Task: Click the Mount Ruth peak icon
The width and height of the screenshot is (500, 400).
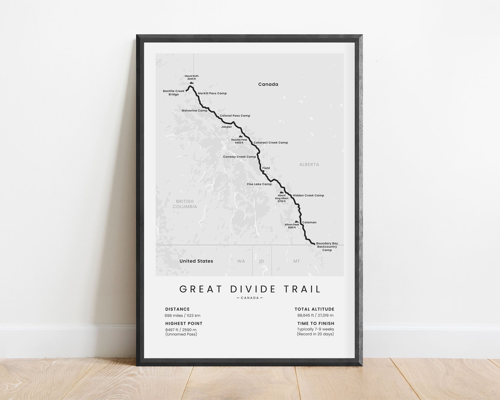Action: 191,82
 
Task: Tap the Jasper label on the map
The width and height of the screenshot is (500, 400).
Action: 226,127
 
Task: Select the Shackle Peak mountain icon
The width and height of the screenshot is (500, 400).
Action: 241,136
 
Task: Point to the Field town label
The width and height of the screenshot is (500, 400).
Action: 266,168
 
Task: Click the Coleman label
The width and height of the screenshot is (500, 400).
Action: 309,222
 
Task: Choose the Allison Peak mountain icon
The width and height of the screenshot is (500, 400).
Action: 296,221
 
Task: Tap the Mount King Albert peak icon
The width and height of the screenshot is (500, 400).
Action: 282,192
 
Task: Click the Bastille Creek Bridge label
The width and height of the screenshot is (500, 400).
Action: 174,93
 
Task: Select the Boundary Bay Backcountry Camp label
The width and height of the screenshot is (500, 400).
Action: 327,247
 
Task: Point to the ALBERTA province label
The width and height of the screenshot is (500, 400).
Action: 309,164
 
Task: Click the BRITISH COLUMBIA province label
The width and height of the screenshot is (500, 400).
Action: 185,204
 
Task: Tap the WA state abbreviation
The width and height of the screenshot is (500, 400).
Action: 241,261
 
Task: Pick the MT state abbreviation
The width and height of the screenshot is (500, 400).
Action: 296,261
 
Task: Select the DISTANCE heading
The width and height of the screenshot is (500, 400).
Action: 177,309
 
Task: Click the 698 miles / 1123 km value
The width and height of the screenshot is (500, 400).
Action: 182,316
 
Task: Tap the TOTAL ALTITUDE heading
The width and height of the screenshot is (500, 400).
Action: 314,309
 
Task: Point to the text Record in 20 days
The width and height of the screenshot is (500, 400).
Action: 315,334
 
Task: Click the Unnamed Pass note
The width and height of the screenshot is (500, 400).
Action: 181,334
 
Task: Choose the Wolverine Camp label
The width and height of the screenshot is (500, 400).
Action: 194,111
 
